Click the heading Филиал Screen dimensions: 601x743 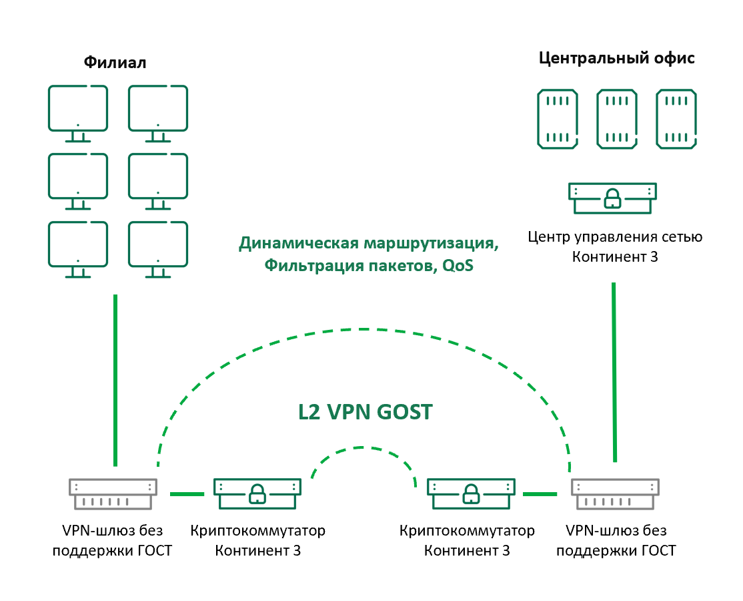[115, 63]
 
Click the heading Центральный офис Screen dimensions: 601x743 [616, 58]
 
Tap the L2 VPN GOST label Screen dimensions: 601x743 [365, 412]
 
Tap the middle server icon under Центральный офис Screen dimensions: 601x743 [616, 119]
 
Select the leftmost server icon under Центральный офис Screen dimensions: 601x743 [558, 119]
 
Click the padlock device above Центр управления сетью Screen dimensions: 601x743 [612, 198]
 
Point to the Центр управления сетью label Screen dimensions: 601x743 [615, 236]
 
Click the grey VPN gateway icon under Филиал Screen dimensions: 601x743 [113, 493]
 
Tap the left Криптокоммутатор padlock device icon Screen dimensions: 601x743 [257, 493]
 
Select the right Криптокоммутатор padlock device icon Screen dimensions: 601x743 [470, 493]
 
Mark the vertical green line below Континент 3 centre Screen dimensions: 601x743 [614, 371]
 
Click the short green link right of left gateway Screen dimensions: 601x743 [187, 494]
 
